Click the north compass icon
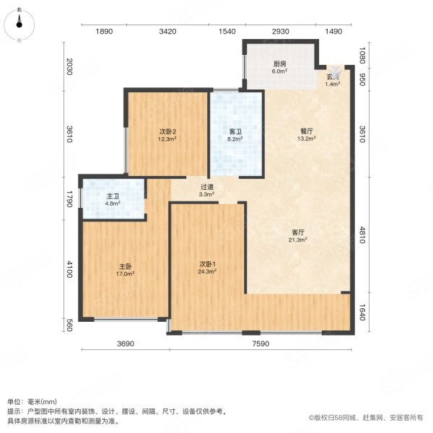tap(19, 22)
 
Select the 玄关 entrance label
tap(333, 77)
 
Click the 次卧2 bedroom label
tap(168, 131)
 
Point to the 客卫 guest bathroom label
tap(235, 131)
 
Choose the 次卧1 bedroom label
tap(208, 265)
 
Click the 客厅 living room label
tap(298, 232)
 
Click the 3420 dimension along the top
tap(167, 32)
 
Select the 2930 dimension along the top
tap(280, 32)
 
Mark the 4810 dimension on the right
tap(364, 235)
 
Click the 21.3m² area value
tap(298, 240)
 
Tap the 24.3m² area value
tap(208, 274)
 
